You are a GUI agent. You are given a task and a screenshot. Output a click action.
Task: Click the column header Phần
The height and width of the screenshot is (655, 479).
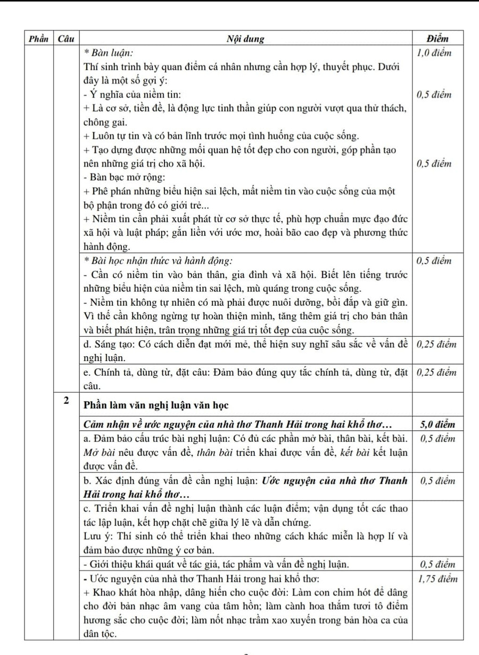pos(38,38)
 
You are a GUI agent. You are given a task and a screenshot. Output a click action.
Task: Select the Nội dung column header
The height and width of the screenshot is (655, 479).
pos(245,38)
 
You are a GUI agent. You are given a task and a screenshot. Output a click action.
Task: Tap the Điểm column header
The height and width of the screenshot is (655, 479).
pos(437,38)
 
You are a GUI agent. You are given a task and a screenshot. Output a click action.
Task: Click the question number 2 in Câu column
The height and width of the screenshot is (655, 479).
pos(66,401)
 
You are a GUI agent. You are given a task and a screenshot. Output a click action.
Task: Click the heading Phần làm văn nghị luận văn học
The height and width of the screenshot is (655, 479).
pos(156,405)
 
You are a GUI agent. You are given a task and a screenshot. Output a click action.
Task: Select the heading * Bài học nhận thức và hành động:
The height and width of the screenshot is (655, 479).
pos(158,261)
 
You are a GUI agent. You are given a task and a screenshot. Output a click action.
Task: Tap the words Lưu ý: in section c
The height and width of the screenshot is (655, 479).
pos(96,536)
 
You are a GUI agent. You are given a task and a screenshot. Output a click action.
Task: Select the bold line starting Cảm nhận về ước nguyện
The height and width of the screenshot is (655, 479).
pos(238,424)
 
